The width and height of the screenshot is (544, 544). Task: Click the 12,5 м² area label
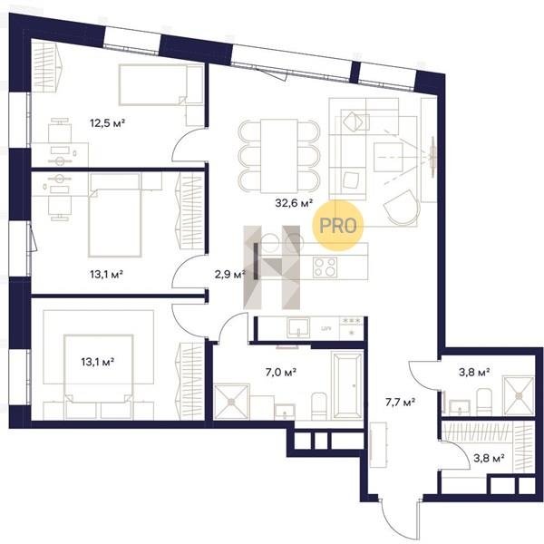pyautogui.click(x=107, y=122)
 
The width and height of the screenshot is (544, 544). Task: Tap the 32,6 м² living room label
pyautogui.click(x=294, y=202)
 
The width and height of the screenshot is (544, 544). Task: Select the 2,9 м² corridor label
pyautogui.click(x=230, y=275)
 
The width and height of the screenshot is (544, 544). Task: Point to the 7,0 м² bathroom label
pyautogui.click(x=281, y=373)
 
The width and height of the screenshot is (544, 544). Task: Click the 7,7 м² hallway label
pyautogui.click(x=401, y=402)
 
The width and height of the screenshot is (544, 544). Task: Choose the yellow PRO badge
pyautogui.click(x=338, y=226)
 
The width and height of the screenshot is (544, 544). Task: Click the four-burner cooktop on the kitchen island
pyautogui.click(x=325, y=267)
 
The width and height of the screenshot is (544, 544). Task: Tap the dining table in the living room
pyautogui.click(x=279, y=156)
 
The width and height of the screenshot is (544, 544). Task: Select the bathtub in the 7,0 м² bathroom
pyautogui.click(x=347, y=385)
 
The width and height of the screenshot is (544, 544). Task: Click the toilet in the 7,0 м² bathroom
pyautogui.click(x=319, y=406)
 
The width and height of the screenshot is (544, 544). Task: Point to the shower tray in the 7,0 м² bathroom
pyautogui.click(x=231, y=402)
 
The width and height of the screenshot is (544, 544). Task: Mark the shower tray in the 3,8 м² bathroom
pyautogui.click(x=519, y=396)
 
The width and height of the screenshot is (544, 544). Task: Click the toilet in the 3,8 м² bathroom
pyautogui.click(x=484, y=402)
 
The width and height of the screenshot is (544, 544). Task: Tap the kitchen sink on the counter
pyautogui.click(x=298, y=328)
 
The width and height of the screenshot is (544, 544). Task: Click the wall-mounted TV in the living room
pyautogui.click(x=433, y=157)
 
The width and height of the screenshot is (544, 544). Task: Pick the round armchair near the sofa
pyautogui.click(x=402, y=207)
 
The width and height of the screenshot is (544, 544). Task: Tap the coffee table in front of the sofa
pyautogui.click(x=388, y=157)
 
